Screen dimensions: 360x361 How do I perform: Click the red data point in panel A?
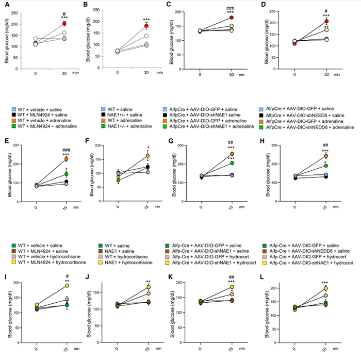tap(64, 24)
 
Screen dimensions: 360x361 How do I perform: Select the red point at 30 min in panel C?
tap(232, 18)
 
